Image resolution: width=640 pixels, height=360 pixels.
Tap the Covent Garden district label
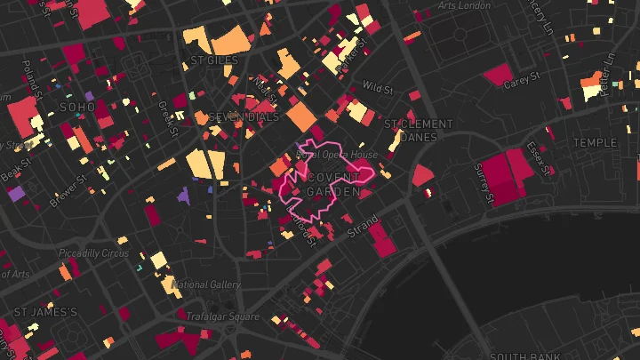[333, 184]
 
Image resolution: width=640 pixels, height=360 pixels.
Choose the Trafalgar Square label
[222, 316]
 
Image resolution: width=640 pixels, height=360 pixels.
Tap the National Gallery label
[206, 284]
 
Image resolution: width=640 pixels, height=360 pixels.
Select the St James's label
[45, 312]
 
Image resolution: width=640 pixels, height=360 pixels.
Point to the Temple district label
[594, 142]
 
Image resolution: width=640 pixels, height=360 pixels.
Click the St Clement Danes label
[418, 130]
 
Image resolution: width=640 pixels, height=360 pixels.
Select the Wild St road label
[378, 87]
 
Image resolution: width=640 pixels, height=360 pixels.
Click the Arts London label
[464, 5]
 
